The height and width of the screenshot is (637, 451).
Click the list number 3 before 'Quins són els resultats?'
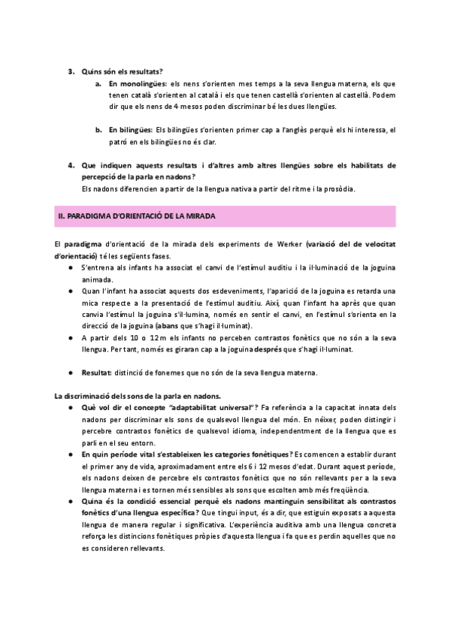pos(71,71)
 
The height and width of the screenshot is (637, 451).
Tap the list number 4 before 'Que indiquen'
pos(71,165)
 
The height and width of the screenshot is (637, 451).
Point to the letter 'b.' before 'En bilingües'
pos(99,130)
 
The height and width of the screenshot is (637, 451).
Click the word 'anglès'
pos(301,130)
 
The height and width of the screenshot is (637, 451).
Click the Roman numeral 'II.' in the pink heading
pos(62,217)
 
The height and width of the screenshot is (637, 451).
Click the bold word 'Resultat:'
pos(99,373)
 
